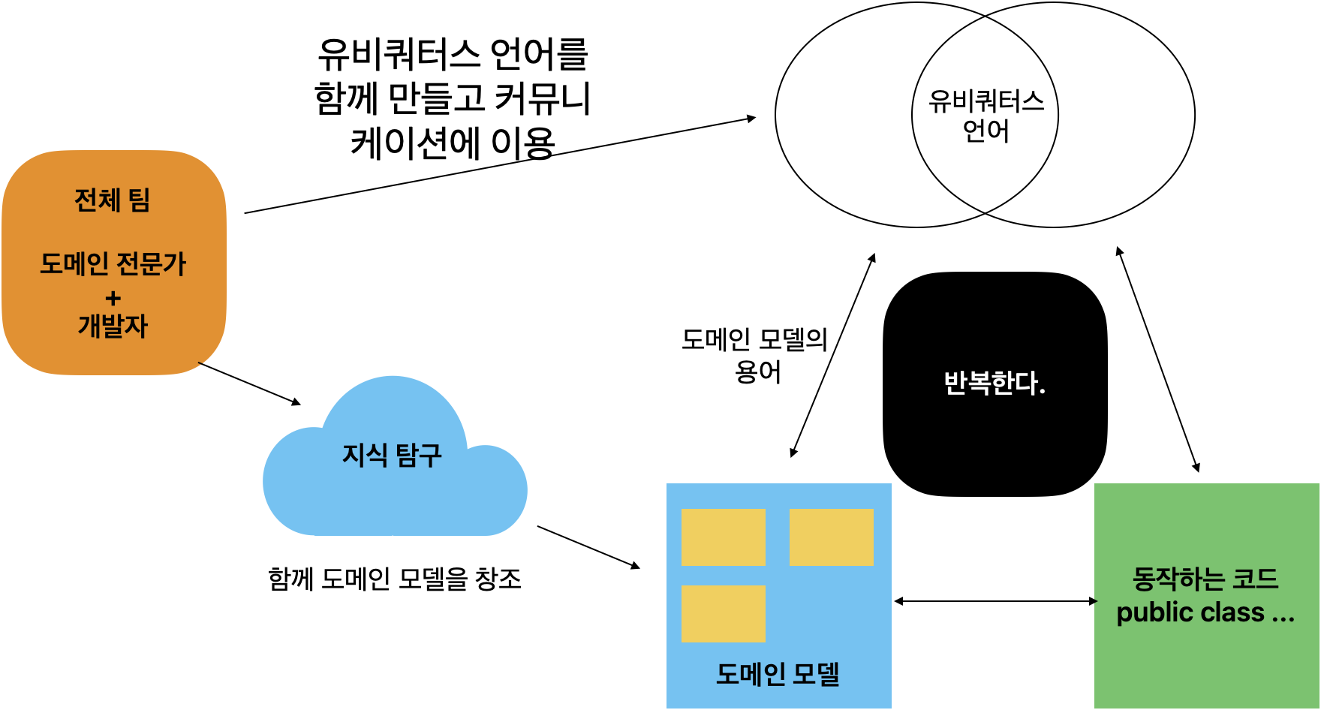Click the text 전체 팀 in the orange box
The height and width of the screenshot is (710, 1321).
click(x=113, y=200)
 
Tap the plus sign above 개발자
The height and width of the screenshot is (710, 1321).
click(x=113, y=299)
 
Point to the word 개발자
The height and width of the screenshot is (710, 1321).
click(x=113, y=326)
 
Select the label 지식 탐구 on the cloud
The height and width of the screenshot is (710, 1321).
click(x=392, y=455)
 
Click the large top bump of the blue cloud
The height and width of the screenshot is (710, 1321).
click(x=394, y=409)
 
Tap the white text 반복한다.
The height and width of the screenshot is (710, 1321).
click(x=994, y=384)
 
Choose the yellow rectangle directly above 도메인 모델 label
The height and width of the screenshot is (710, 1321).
click(x=723, y=613)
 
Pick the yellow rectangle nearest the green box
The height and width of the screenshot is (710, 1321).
click(x=831, y=537)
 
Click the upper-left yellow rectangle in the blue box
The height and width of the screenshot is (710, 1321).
click(x=723, y=537)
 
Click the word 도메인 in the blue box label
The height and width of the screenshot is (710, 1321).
click(x=751, y=674)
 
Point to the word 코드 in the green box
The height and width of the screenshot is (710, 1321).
click(x=1256, y=579)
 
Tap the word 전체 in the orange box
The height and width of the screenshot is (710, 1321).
click(x=97, y=200)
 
